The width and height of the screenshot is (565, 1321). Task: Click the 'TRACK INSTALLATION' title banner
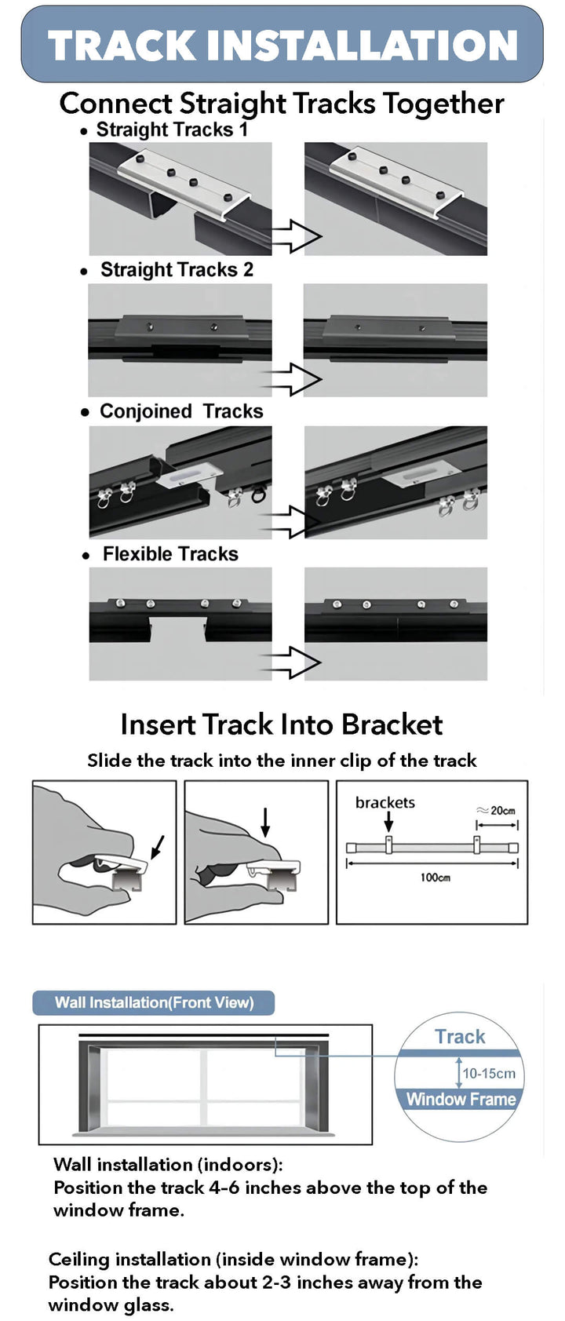click(x=282, y=45)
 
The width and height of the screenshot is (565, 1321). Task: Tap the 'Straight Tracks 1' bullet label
click(x=171, y=130)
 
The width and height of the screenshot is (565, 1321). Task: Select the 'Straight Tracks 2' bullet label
click(x=177, y=270)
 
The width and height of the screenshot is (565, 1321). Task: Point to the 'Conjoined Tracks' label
click(x=181, y=411)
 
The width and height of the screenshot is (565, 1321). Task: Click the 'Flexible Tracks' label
click(x=170, y=554)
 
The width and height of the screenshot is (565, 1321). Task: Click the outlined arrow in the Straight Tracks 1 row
click(x=296, y=235)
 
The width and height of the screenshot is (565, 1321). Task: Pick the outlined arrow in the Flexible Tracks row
click(x=295, y=662)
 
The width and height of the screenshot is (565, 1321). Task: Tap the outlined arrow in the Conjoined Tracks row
click(x=295, y=521)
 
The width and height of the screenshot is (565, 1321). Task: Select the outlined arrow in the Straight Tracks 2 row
click(x=295, y=379)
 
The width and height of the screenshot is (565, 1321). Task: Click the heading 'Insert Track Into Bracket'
click(x=282, y=724)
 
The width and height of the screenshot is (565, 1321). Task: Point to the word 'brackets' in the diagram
click(x=385, y=802)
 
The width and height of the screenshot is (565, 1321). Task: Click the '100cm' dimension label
click(x=435, y=877)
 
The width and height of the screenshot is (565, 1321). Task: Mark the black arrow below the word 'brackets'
click(x=388, y=822)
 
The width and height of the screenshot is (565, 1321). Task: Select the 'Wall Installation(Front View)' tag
click(x=154, y=1002)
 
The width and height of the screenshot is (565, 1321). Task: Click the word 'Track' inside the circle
click(x=460, y=1037)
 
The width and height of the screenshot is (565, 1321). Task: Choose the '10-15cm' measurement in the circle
click(x=489, y=1073)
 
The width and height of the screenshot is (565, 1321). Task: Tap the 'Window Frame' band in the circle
click(x=461, y=1099)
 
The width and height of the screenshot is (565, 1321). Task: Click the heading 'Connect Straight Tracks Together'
click(x=282, y=104)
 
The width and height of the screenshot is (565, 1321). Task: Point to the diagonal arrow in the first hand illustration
click(x=158, y=846)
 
